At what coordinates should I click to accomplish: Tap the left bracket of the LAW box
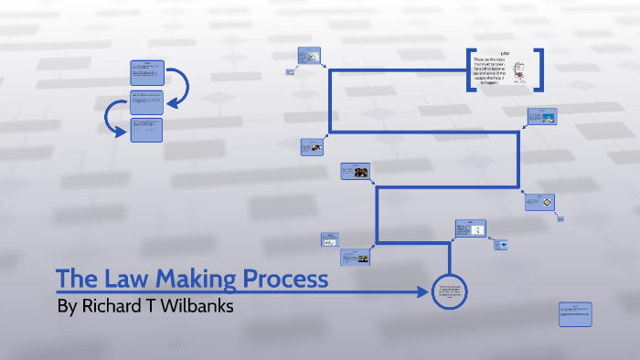click(470, 69)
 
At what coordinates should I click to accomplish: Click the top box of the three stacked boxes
click(147, 73)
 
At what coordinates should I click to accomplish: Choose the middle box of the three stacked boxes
click(147, 101)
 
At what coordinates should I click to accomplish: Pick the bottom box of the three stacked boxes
click(147, 130)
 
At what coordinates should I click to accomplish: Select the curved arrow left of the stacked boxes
click(112, 117)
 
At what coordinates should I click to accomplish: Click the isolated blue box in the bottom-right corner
click(575, 313)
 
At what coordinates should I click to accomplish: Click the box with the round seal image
click(540, 202)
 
